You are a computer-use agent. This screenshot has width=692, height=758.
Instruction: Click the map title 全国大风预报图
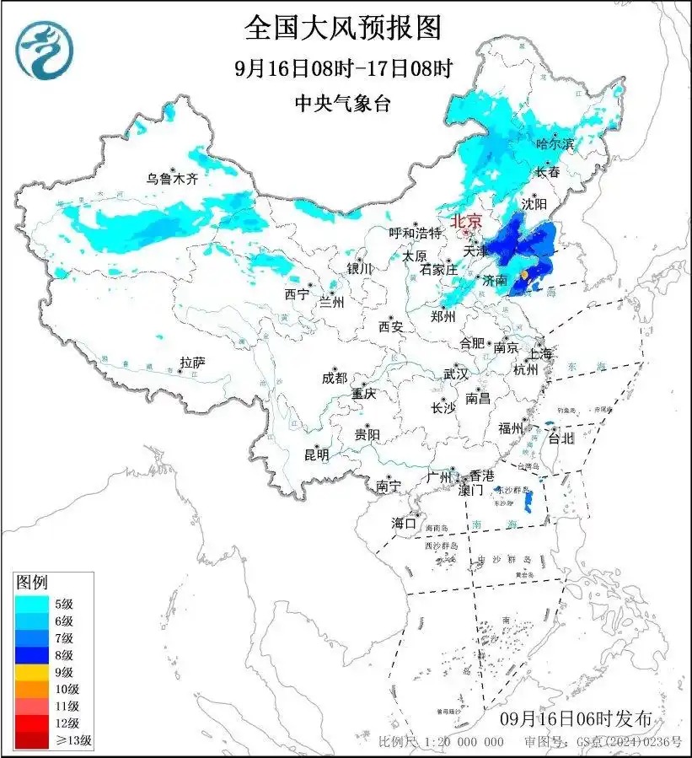pos(342,28)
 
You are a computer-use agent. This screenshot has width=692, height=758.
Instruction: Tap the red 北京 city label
pos(466,221)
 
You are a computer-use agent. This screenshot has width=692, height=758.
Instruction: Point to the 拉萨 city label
pos(192,363)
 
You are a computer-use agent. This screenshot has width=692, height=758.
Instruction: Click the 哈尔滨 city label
pos(555,144)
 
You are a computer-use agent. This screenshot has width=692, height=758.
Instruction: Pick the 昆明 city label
pos(317,454)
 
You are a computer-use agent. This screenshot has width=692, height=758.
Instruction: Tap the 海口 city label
pos(404,524)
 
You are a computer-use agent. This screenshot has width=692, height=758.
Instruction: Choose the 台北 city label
pos(561,438)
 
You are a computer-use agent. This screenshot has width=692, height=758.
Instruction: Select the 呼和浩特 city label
pos(415,233)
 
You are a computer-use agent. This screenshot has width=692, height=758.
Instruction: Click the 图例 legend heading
pos(33,582)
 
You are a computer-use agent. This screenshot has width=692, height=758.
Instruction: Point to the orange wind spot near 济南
pos(524,275)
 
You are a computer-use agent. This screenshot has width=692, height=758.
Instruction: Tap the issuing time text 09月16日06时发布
pos(576,719)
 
